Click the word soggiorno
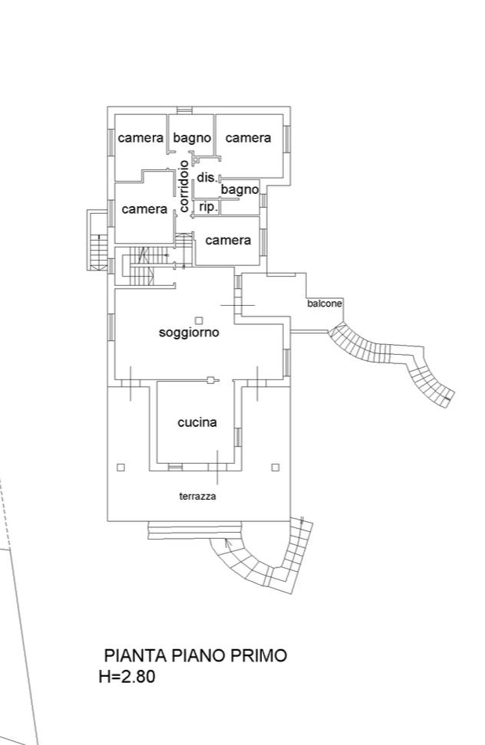189,333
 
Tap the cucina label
197,422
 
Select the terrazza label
198,497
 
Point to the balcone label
325,304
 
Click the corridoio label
184,185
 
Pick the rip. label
208,208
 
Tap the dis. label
207,178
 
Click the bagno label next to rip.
239,190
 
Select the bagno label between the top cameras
192,138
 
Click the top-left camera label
140,138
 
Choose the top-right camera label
248,138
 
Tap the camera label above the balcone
228,241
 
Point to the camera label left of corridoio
144,209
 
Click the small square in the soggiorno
200,320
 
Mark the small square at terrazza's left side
120,468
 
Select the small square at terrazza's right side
275,468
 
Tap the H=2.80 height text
127,676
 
